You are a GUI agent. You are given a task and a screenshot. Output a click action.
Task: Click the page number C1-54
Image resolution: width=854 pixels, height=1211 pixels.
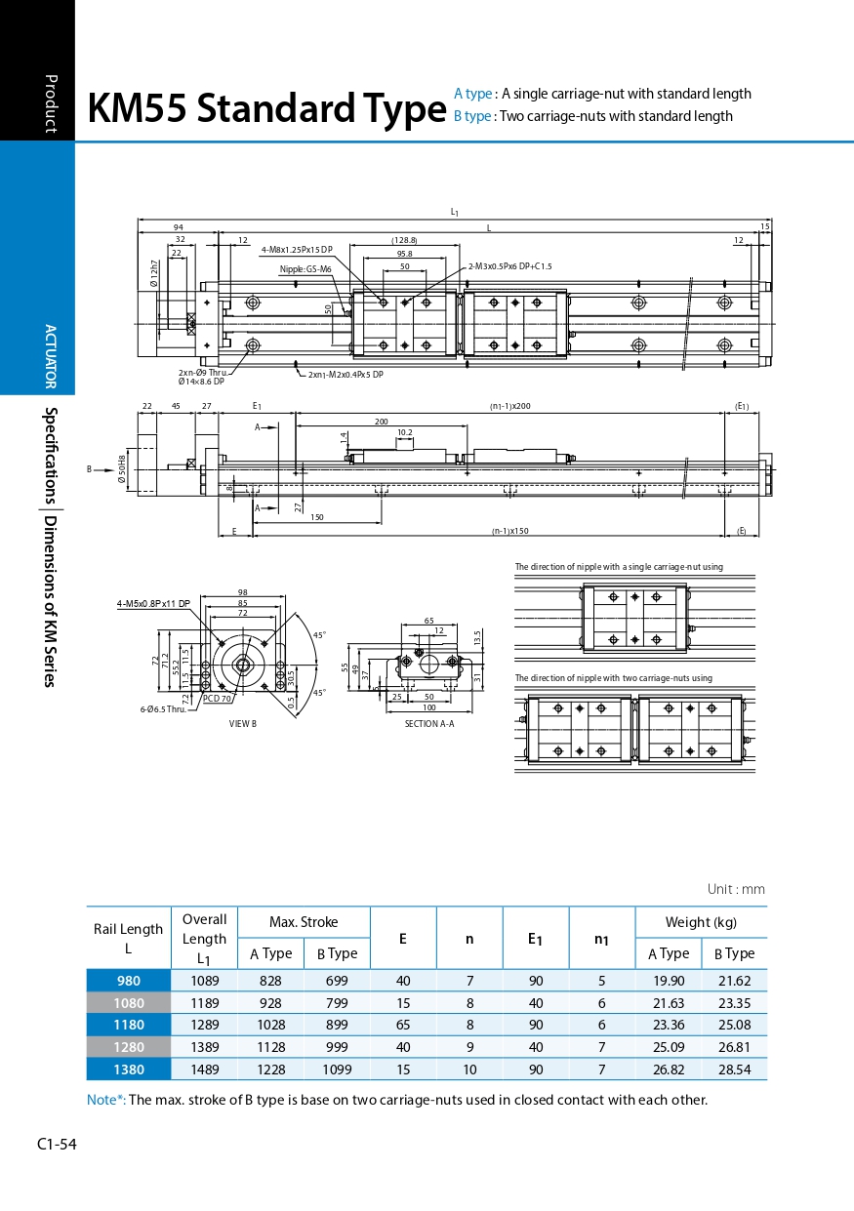click(57, 1144)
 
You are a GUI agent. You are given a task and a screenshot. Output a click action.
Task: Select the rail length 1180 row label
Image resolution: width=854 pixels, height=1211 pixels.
click(129, 1025)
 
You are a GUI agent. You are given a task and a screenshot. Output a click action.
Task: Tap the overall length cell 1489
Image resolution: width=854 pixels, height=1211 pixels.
click(205, 1070)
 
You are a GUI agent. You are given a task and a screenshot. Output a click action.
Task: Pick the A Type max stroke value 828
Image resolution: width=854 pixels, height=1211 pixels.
click(270, 981)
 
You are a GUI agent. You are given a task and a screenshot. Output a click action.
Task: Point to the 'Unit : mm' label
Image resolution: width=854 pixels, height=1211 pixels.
click(736, 889)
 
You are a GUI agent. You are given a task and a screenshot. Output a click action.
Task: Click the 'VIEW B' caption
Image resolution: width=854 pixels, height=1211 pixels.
click(243, 724)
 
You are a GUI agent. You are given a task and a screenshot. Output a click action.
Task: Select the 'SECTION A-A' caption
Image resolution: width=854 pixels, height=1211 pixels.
click(429, 724)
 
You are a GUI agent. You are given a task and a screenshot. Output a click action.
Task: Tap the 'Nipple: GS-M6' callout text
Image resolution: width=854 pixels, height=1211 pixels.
click(305, 269)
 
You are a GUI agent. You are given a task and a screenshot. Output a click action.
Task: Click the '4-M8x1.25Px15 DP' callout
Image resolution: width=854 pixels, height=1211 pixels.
click(297, 250)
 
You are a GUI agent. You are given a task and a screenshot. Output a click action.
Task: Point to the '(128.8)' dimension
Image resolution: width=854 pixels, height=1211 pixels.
click(404, 240)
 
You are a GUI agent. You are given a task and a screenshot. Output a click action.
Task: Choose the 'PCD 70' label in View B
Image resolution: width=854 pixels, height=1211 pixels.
click(217, 699)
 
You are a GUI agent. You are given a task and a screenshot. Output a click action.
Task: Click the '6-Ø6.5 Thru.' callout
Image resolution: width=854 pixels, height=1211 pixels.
click(162, 709)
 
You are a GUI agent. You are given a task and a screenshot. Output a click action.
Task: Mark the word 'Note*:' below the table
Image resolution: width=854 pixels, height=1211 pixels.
click(106, 1100)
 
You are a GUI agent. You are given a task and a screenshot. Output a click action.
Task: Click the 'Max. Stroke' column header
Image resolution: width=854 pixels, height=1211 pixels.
click(304, 921)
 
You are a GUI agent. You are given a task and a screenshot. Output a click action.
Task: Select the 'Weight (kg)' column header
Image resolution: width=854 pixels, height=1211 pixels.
click(701, 921)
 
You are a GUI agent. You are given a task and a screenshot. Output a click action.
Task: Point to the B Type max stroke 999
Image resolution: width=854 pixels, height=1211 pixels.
click(337, 1047)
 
